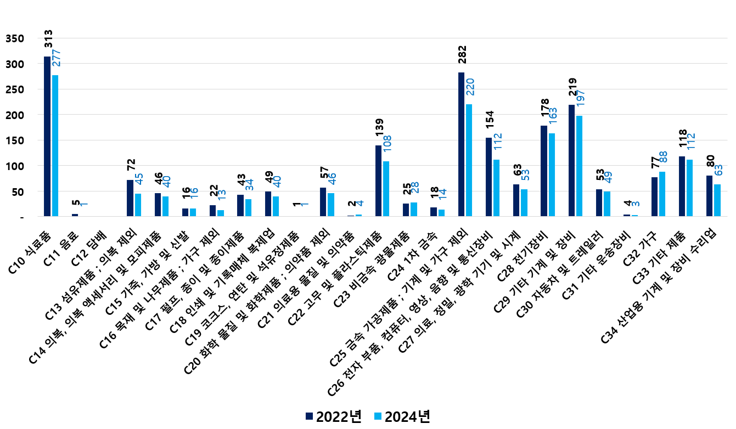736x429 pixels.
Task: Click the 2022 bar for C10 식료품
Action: [x=47, y=137]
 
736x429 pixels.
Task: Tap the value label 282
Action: [x=462, y=57]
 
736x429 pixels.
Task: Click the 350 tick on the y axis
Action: [x=15, y=38]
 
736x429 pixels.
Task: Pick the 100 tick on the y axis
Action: [x=15, y=166]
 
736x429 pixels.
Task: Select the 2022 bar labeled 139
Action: [x=379, y=181]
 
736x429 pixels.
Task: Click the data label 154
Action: [x=489, y=123]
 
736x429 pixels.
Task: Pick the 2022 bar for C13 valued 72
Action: [x=130, y=198]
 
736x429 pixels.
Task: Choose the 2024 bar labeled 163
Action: [x=552, y=175]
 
